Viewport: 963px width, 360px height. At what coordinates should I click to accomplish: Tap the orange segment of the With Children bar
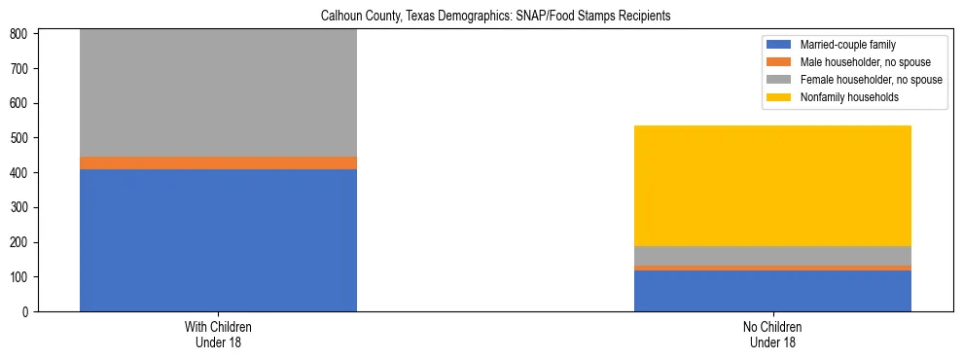coord(218,162)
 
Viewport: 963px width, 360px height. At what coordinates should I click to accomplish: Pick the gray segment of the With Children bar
coord(218,92)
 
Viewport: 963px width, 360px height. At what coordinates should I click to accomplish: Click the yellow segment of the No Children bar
coord(772,186)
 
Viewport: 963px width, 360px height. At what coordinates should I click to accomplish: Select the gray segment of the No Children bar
coord(772,255)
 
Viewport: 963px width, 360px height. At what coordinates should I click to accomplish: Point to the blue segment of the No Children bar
coord(772,291)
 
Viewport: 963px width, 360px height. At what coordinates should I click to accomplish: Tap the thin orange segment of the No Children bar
coord(772,268)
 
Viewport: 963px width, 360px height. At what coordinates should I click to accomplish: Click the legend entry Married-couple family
coord(847,45)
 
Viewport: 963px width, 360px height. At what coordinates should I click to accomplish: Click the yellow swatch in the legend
coord(778,97)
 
